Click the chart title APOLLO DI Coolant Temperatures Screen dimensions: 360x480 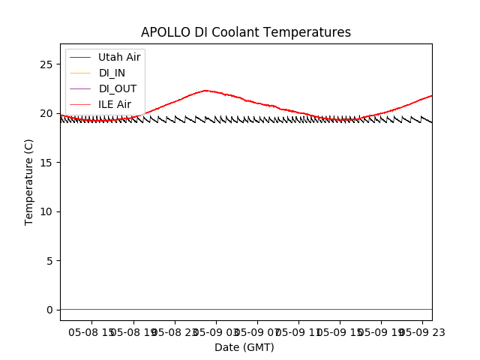click(x=246, y=32)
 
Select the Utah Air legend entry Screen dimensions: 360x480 click(x=119, y=57)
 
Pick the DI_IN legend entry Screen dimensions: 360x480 click(x=112, y=73)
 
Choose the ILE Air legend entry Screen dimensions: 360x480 click(x=115, y=104)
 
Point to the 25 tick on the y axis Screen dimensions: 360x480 click(x=48, y=64)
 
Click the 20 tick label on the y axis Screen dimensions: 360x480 click(x=48, y=113)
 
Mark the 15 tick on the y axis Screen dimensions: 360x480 click(x=48, y=163)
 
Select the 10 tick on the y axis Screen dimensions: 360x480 click(x=48, y=211)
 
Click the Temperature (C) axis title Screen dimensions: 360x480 click(x=29, y=181)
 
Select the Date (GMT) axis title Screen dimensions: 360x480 click(x=244, y=347)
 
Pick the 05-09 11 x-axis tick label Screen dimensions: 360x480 click(x=299, y=331)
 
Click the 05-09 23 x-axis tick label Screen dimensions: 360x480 click(x=421, y=331)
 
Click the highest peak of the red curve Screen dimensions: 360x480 click(x=205, y=91)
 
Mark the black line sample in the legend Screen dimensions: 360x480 click(x=80, y=57)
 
